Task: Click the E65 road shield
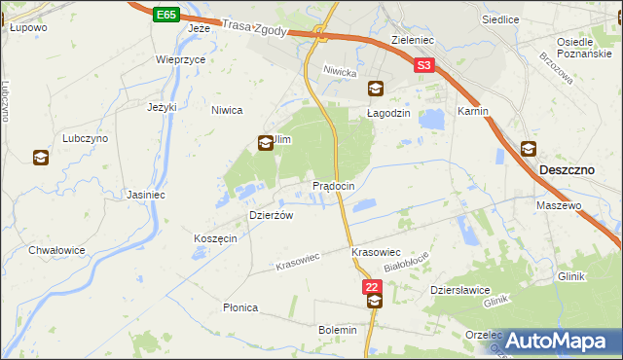(165, 16)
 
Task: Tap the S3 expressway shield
(423, 66)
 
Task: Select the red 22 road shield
(372, 286)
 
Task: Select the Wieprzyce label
(180, 59)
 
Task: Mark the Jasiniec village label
(145, 194)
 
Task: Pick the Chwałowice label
(56, 250)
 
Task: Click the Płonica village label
(240, 307)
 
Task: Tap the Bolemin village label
(338, 330)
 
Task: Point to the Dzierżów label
(272, 215)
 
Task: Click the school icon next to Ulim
(265, 143)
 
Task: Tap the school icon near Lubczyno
(41, 158)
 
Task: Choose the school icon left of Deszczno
(529, 149)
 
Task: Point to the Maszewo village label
(559, 206)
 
